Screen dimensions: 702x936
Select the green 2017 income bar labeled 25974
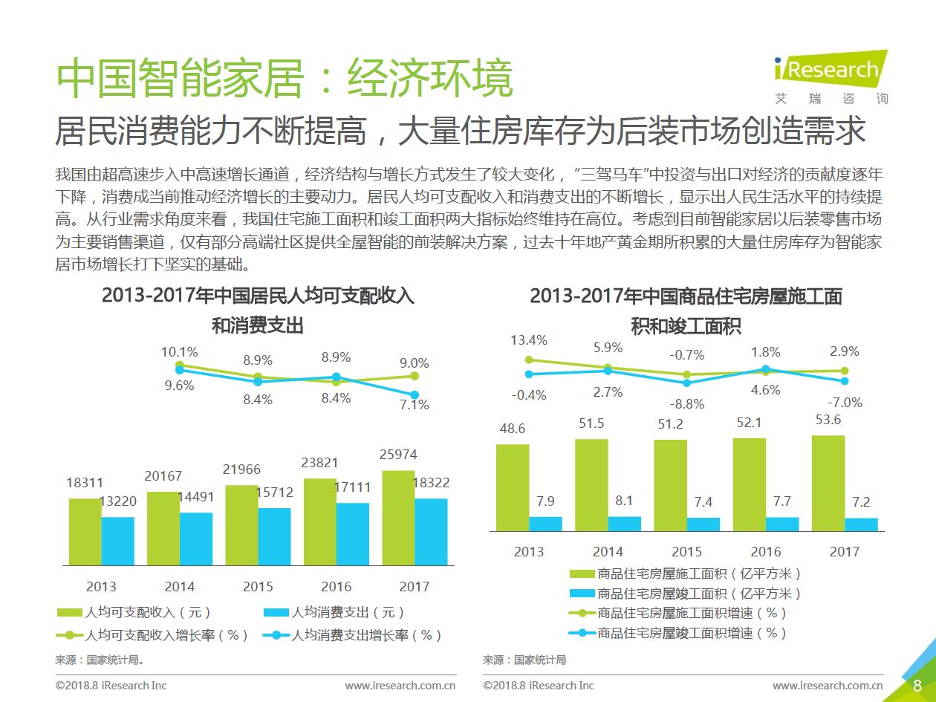coord(398,517)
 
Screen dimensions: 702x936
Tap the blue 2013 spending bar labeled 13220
coord(117,541)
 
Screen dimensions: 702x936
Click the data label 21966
coord(243,469)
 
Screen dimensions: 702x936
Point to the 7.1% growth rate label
coord(414,405)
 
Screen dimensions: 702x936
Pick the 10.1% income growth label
coord(179,352)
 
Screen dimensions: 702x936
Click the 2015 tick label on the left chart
coord(258,586)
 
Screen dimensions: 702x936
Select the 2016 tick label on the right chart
coord(765,551)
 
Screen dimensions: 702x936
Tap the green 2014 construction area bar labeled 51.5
coord(591,484)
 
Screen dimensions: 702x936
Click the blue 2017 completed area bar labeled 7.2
coord(861,524)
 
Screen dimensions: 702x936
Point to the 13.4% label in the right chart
coord(528,340)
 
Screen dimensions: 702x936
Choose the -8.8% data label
coord(686,404)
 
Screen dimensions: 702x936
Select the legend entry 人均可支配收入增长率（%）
coord(153,635)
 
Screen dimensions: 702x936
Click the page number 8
coord(917,685)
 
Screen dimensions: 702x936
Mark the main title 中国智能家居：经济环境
coord(285,78)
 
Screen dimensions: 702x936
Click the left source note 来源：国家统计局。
coord(99,659)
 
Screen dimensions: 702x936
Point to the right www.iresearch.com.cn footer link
coord(828,685)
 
